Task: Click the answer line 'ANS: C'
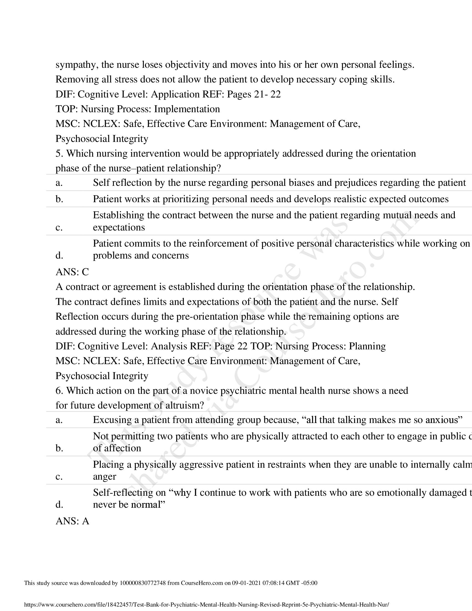pos(72,272)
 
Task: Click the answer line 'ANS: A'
pos(72,521)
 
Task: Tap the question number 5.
pos(58,153)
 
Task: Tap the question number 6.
pos(58,390)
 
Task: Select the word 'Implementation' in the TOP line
pos(187,109)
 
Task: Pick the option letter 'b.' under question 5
pos(59,199)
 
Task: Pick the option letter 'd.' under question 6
pos(59,504)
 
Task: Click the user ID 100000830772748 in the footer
pos(143,583)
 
